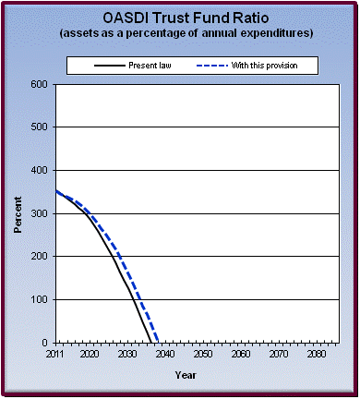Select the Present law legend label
click(x=140, y=66)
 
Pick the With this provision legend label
click(x=274, y=66)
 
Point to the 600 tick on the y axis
click(x=39, y=84)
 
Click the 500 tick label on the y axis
click(x=39, y=127)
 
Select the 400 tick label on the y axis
click(x=39, y=170)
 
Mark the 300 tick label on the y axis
click(x=39, y=213)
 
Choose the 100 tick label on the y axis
click(x=39, y=299)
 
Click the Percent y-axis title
click(x=18, y=213)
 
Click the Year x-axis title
click(x=186, y=375)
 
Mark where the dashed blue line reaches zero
click(x=158, y=342)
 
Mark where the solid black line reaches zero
click(x=150, y=342)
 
